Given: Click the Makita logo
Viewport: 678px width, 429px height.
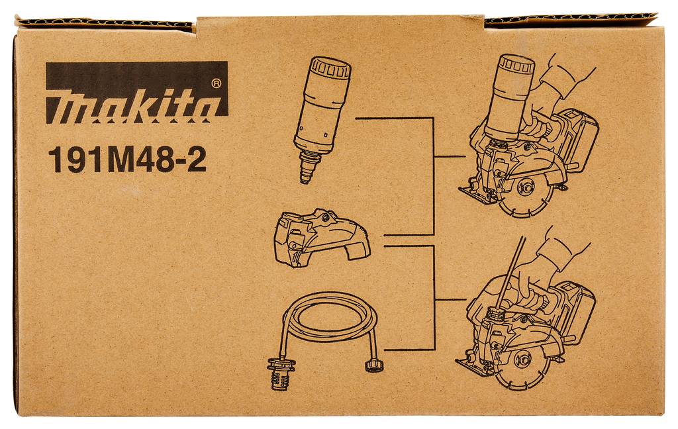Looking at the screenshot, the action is click(136, 92).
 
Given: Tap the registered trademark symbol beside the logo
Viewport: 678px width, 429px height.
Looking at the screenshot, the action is click(217, 83).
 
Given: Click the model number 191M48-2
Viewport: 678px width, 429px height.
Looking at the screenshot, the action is click(127, 160).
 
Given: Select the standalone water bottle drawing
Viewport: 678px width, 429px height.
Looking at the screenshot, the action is click(322, 119).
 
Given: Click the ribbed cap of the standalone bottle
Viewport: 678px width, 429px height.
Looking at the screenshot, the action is click(331, 68).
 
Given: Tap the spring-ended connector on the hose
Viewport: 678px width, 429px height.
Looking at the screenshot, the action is click(279, 373).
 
